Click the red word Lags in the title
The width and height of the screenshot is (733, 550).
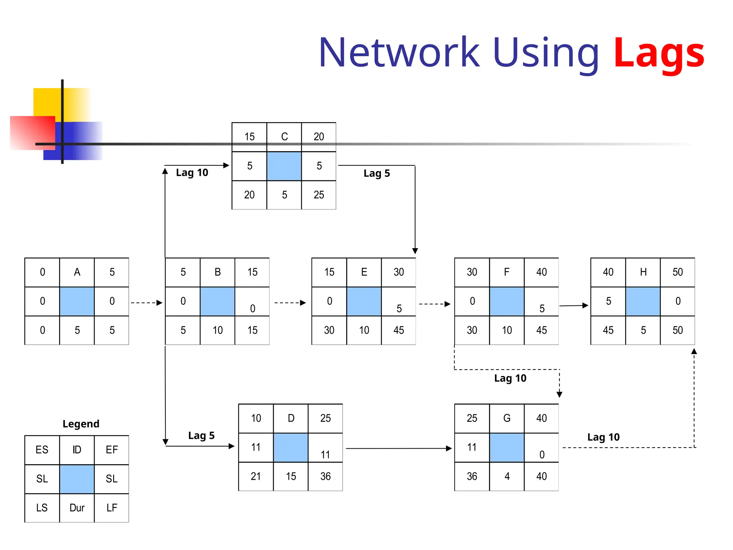point(659,54)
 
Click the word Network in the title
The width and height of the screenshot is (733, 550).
point(399,53)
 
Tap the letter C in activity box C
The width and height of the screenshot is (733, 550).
point(284,137)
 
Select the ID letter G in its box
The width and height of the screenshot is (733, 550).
point(507,418)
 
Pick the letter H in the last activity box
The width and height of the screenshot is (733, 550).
point(643,272)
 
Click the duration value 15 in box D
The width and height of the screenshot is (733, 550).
point(291,476)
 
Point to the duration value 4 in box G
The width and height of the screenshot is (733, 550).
point(507,476)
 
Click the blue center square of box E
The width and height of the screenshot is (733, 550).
point(364,301)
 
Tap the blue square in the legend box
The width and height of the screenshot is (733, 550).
point(77,479)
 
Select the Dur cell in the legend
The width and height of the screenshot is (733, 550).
point(77,508)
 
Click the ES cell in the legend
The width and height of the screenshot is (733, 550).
point(42,450)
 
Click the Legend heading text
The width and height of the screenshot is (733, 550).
point(81,424)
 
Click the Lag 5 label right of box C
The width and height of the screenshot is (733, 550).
point(377,173)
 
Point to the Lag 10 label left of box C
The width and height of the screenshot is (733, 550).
point(192,173)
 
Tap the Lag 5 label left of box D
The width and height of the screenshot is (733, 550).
point(201,435)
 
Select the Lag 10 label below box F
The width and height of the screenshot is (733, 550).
point(510,378)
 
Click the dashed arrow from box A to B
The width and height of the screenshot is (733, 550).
point(146,303)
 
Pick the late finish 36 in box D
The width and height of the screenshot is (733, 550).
point(325,476)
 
